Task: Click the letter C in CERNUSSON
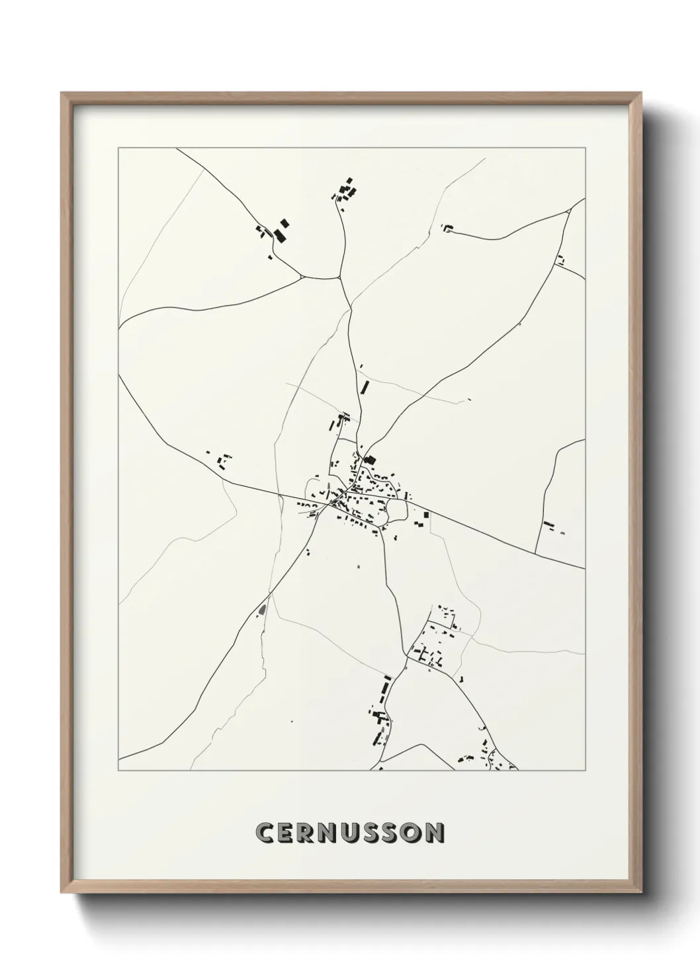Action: point(266,833)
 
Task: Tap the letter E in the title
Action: point(290,833)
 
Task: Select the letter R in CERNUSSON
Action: point(313,833)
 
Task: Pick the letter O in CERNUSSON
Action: point(410,833)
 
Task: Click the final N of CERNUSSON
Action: point(434,833)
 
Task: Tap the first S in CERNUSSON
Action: point(386,833)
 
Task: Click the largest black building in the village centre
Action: point(369,460)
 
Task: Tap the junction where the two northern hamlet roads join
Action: point(340,278)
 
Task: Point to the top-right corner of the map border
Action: point(585,149)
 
